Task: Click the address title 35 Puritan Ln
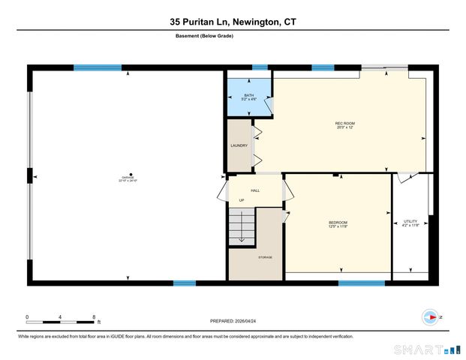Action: coord(233,22)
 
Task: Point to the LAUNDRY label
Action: coord(239,146)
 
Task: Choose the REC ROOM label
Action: coord(344,124)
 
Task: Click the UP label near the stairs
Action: coord(241,200)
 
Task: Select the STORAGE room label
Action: coord(265,257)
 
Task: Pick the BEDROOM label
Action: coord(338,223)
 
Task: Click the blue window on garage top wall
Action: coord(99,67)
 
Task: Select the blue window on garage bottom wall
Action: coord(185,283)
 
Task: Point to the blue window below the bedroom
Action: coord(362,283)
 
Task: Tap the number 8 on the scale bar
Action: coord(95,317)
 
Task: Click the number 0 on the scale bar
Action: coord(27,317)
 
